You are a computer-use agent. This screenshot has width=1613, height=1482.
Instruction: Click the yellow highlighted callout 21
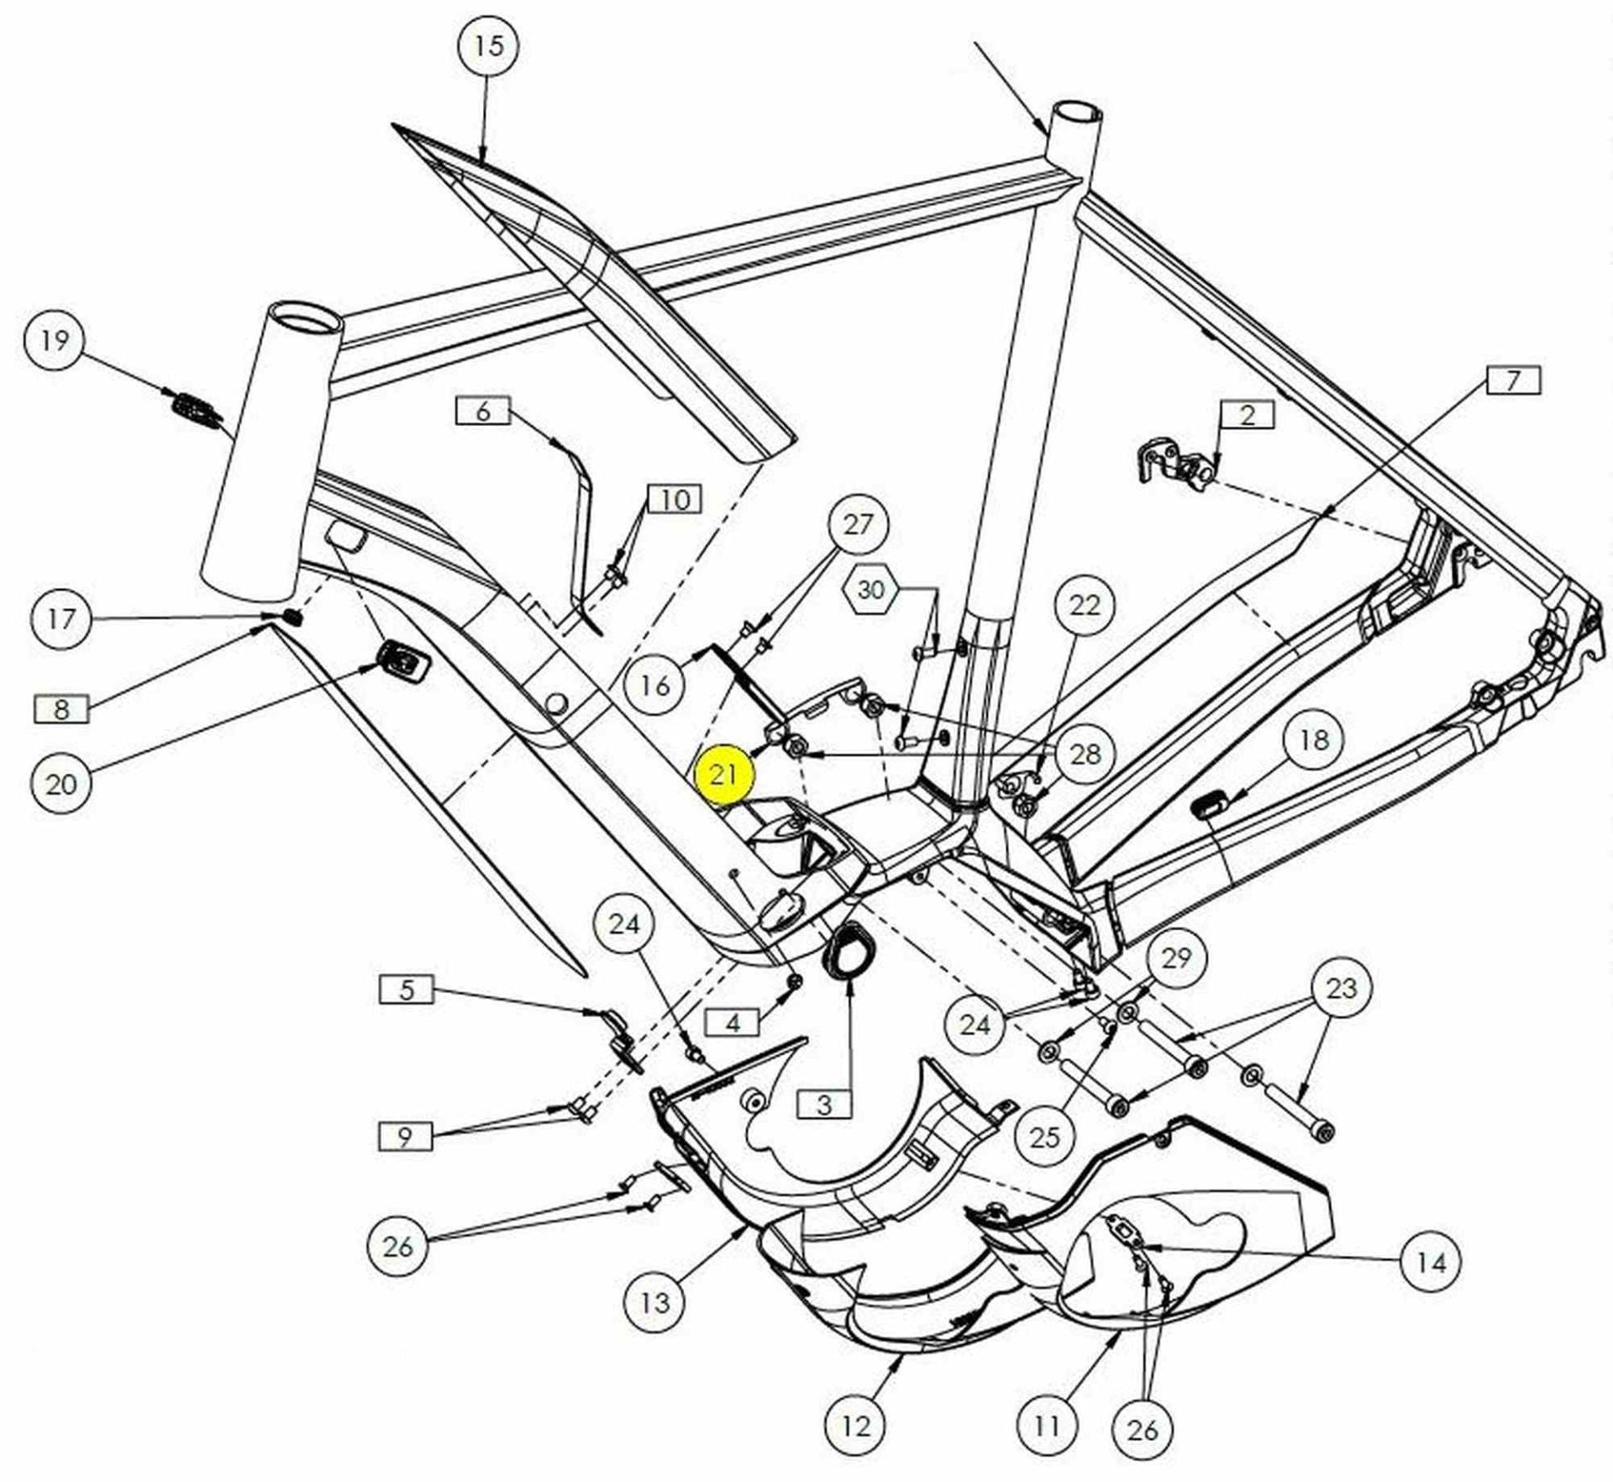click(723, 773)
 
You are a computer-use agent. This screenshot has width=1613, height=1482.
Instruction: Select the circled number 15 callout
click(488, 45)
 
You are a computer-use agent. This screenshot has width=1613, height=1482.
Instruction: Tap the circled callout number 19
click(55, 340)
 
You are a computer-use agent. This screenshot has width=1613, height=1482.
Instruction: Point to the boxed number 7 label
click(1513, 381)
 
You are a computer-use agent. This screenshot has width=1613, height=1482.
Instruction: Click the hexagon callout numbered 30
click(870, 589)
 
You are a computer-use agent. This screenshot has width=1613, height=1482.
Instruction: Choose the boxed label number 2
click(1248, 414)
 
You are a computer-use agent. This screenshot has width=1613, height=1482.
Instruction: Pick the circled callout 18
click(1314, 739)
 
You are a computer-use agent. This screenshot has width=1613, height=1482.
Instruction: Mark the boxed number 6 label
click(483, 411)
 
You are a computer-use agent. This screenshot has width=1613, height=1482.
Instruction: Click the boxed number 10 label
click(675, 499)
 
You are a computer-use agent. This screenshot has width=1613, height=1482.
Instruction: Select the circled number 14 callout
click(1432, 1262)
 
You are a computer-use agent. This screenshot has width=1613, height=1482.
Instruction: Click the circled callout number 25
click(1045, 1138)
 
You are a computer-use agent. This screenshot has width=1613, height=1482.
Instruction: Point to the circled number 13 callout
click(655, 1303)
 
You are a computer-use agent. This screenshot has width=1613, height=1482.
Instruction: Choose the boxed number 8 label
click(60, 709)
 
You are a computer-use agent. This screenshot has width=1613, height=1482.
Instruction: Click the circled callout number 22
click(1085, 605)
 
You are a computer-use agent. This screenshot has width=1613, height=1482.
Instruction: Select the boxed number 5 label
click(407, 989)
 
